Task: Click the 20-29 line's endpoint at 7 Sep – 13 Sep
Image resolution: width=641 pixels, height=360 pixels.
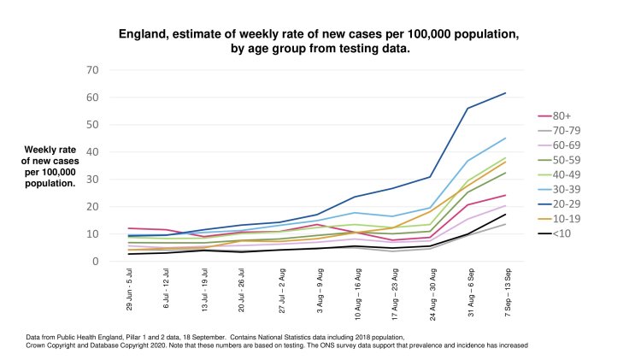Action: (x=506, y=93)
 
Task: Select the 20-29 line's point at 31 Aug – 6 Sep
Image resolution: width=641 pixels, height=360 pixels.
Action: (x=468, y=109)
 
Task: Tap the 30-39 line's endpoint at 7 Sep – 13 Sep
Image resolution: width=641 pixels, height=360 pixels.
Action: (x=506, y=139)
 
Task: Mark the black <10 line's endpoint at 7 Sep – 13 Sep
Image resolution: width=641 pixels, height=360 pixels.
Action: (x=506, y=215)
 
